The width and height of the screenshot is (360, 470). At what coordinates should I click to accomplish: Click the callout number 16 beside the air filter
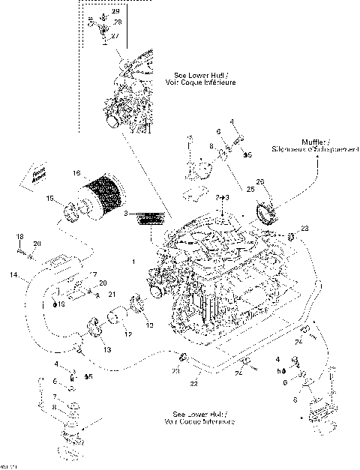click(x=76, y=173)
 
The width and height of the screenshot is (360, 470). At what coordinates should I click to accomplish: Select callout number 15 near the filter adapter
click(x=51, y=199)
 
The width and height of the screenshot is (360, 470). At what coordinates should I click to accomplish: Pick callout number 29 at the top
click(x=115, y=12)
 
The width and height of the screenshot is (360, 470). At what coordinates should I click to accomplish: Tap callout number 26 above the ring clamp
click(x=260, y=182)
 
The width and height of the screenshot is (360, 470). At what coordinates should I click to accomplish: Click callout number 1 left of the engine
click(x=133, y=262)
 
